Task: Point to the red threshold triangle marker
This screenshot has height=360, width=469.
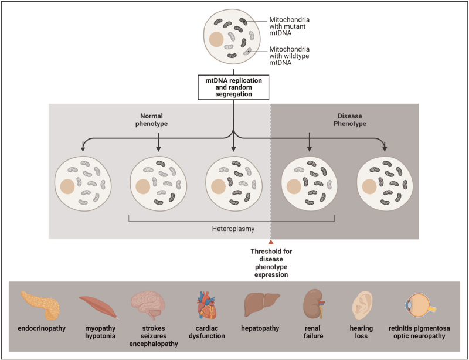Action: point(270,242)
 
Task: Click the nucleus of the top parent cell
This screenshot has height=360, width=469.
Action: point(216,39)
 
